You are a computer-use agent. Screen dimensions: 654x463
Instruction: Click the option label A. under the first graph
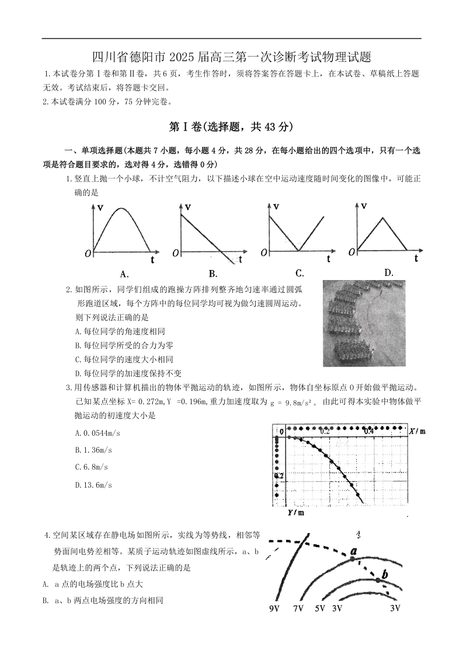(124, 273)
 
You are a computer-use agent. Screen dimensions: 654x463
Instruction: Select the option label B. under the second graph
(213, 273)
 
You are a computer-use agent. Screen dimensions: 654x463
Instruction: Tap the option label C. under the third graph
(300, 272)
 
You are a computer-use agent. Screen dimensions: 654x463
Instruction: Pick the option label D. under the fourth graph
(388, 272)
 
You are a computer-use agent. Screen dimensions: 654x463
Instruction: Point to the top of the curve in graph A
(121, 208)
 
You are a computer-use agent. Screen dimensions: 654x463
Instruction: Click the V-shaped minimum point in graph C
(297, 251)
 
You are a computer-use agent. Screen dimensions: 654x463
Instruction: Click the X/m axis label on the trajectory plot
(417, 431)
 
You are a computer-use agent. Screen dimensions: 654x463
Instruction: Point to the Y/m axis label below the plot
(295, 513)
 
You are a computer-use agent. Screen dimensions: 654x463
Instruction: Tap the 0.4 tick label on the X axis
(369, 431)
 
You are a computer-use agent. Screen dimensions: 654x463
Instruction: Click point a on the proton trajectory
(353, 558)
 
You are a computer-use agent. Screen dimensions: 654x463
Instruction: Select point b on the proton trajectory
(378, 579)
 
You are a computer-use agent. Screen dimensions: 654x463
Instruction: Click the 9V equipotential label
(275, 608)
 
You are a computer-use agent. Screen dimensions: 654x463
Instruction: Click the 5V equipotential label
(319, 608)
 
